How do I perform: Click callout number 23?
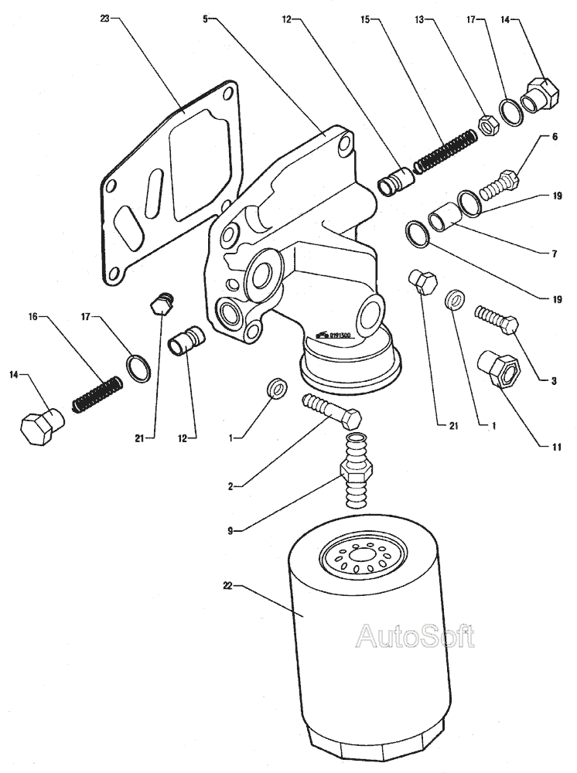(104, 16)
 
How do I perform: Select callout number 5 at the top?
(206, 16)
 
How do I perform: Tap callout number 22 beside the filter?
(227, 587)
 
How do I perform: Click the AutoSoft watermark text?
(414, 635)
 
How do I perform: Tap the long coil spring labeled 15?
(445, 151)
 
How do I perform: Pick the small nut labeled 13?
(489, 124)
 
